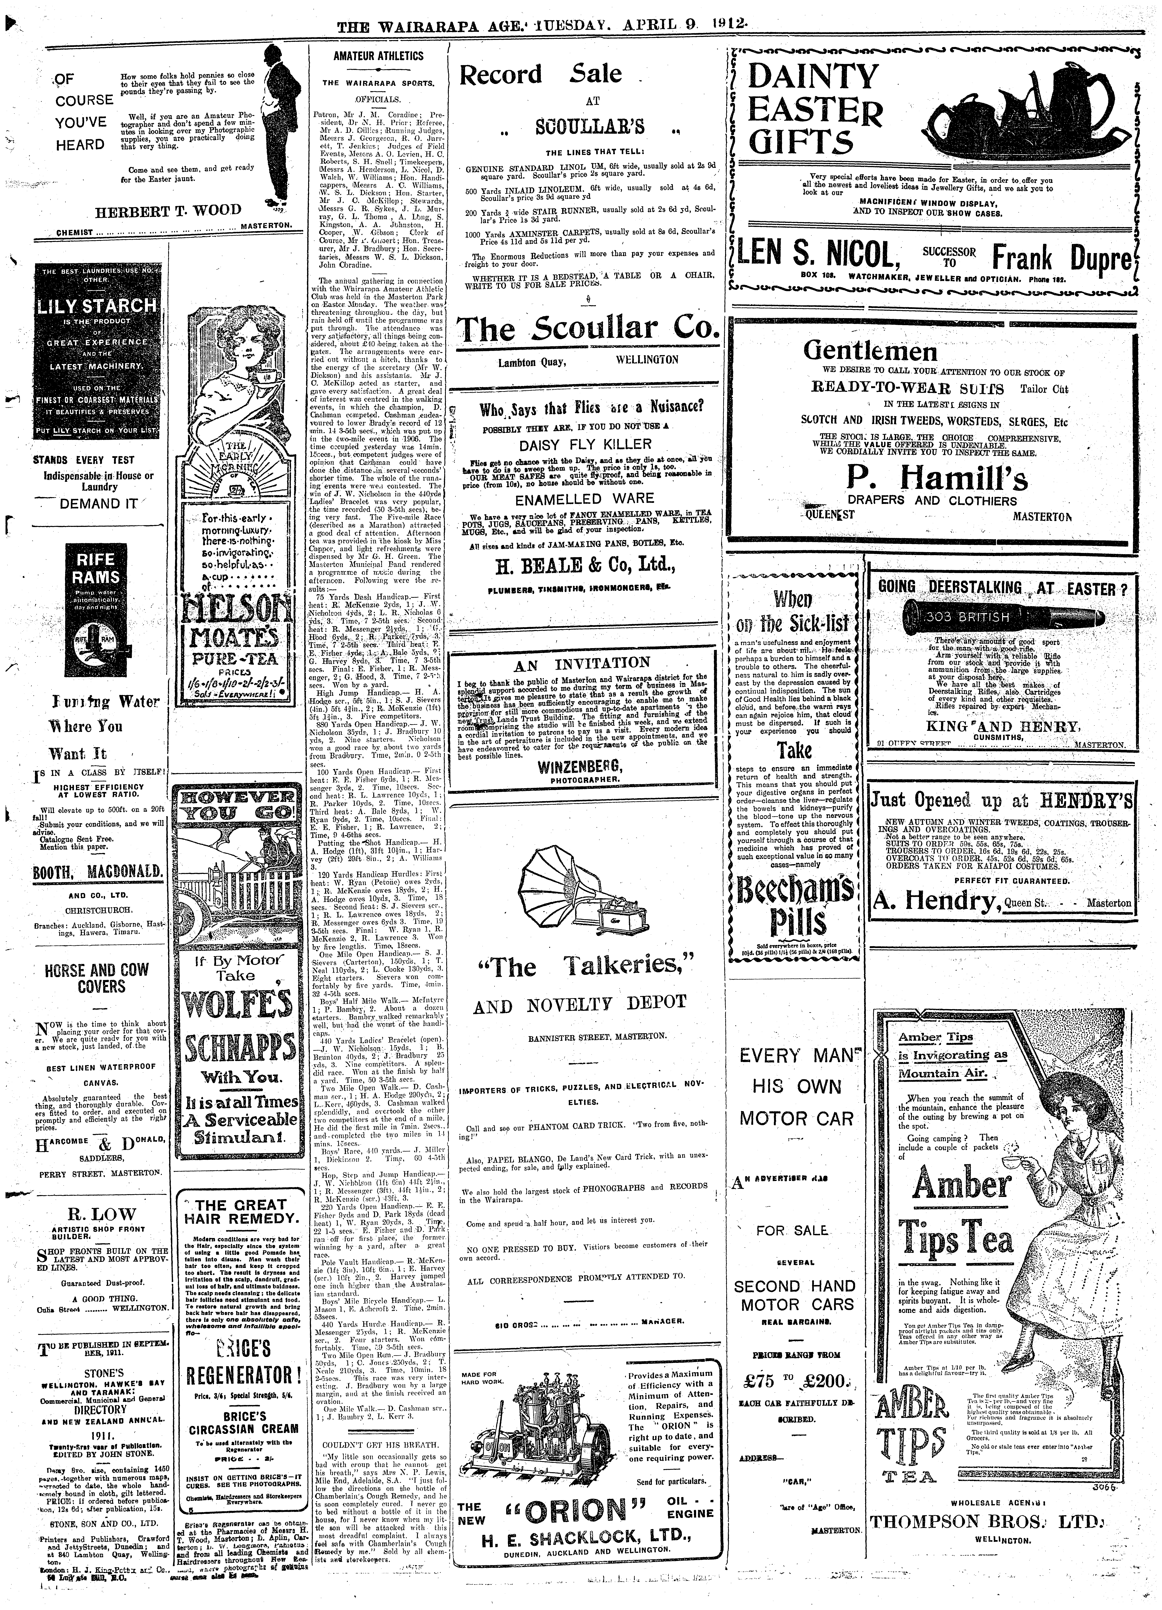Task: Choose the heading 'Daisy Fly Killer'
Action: [x=585, y=444]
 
